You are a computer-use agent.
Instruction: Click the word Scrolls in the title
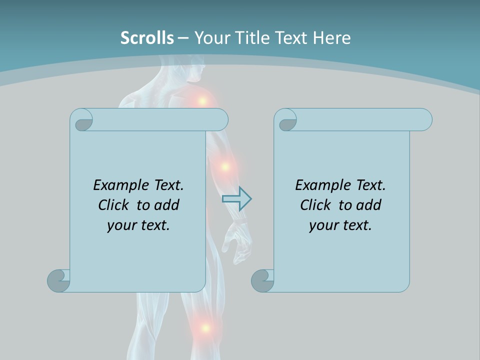(x=147, y=38)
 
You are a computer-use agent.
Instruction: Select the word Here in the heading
(x=332, y=38)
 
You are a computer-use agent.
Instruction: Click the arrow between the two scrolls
(x=236, y=199)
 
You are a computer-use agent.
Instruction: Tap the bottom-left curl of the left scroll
(x=59, y=280)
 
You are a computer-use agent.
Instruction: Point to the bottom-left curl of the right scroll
(x=262, y=280)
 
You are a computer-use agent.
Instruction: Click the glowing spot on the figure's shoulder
(x=202, y=100)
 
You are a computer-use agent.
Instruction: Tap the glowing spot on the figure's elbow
(x=225, y=166)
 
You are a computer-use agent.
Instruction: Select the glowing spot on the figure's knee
(x=204, y=328)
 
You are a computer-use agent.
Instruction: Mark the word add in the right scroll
(x=369, y=205)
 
